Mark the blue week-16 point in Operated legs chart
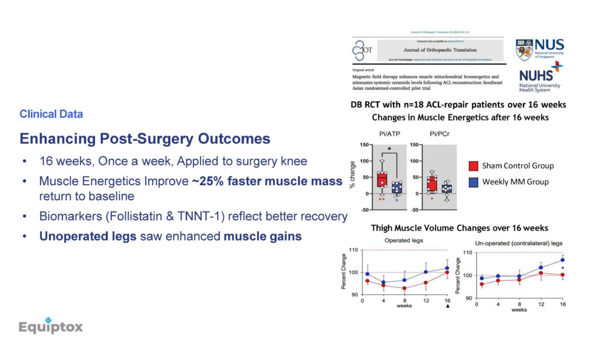447,269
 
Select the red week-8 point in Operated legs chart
405,288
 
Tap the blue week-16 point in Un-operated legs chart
563,260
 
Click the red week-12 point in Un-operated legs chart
541,273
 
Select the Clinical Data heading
51,114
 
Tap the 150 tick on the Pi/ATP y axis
365,144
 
